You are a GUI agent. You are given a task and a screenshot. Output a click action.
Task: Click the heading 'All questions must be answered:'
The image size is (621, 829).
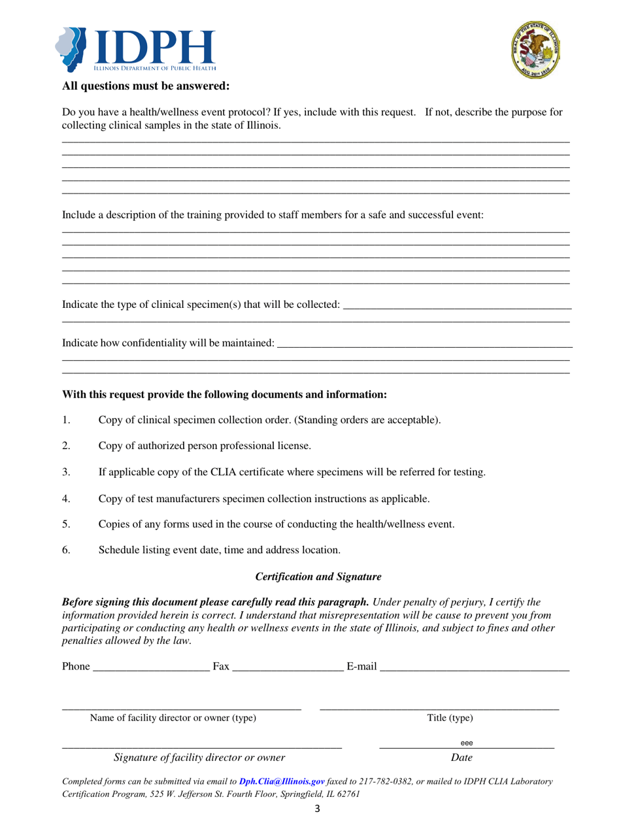[x=146, y=86]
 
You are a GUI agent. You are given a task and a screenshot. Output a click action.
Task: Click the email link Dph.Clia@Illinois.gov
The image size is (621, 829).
[x=282, y=781]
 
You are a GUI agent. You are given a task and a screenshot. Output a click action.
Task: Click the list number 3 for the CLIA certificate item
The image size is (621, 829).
[x=66, y=471]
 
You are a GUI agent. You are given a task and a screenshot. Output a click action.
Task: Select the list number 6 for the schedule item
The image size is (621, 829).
[x=66, y=550]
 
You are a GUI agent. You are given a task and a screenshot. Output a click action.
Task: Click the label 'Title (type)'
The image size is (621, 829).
[x=450, y=718]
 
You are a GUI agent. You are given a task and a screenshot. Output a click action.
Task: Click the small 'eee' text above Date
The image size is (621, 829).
[x=466, y=743]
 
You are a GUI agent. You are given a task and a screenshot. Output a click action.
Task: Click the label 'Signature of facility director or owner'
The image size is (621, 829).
[x=199, y=758]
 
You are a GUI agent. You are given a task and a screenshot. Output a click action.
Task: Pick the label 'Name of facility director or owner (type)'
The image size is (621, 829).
[x=173, y=718]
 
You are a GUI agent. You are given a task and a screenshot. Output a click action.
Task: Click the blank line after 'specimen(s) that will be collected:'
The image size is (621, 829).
[x=457, y=305]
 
